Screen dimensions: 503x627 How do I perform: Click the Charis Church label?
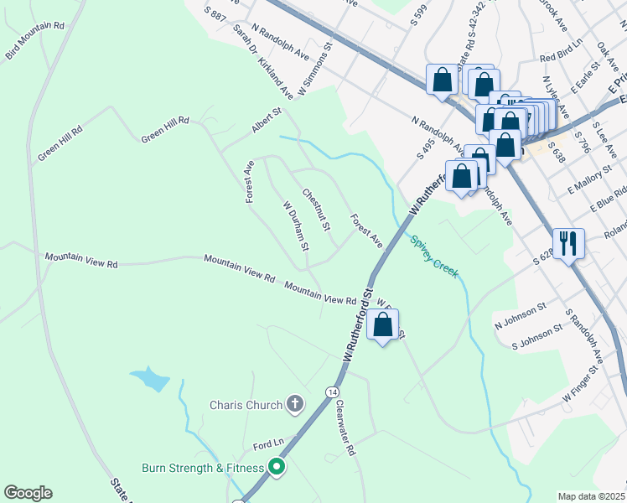(x=246, y=406)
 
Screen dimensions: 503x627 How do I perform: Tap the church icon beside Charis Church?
(x=294, y=405)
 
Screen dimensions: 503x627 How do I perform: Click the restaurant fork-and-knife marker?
(x=568, y=244)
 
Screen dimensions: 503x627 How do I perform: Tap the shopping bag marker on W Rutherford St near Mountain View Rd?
(x=382, y=324)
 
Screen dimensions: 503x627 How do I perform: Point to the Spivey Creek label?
(x=435, y=256)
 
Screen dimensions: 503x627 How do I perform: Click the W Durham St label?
(x=297, y=226)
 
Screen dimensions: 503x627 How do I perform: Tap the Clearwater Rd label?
(x=345, y=427)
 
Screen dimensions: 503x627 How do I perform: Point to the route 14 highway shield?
(x=333, y=392)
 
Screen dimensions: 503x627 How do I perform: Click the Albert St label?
(x=266, y=121)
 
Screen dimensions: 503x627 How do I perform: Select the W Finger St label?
(x=583, y=381)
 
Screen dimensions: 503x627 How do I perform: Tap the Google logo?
(x=28, y=493)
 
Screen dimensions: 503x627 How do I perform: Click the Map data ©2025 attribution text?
(x=591, y=496)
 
